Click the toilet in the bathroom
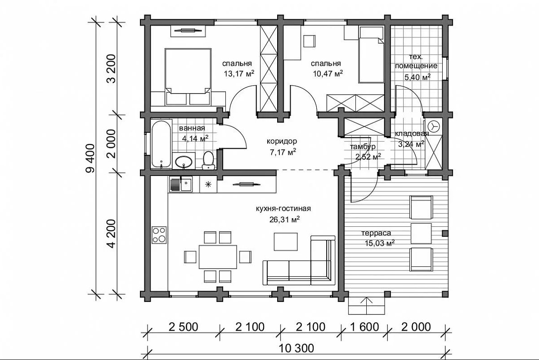[208, 161]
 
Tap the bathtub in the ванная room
[162, 144]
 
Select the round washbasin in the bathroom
[184, 161]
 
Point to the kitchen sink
[181, 184]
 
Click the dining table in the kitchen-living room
[218, 256]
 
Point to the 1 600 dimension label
[364, 327]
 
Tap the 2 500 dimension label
[184, 327]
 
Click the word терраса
[376, 233]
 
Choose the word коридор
[282, 141]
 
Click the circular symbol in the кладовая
[435, 126]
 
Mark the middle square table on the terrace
[421, 234]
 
